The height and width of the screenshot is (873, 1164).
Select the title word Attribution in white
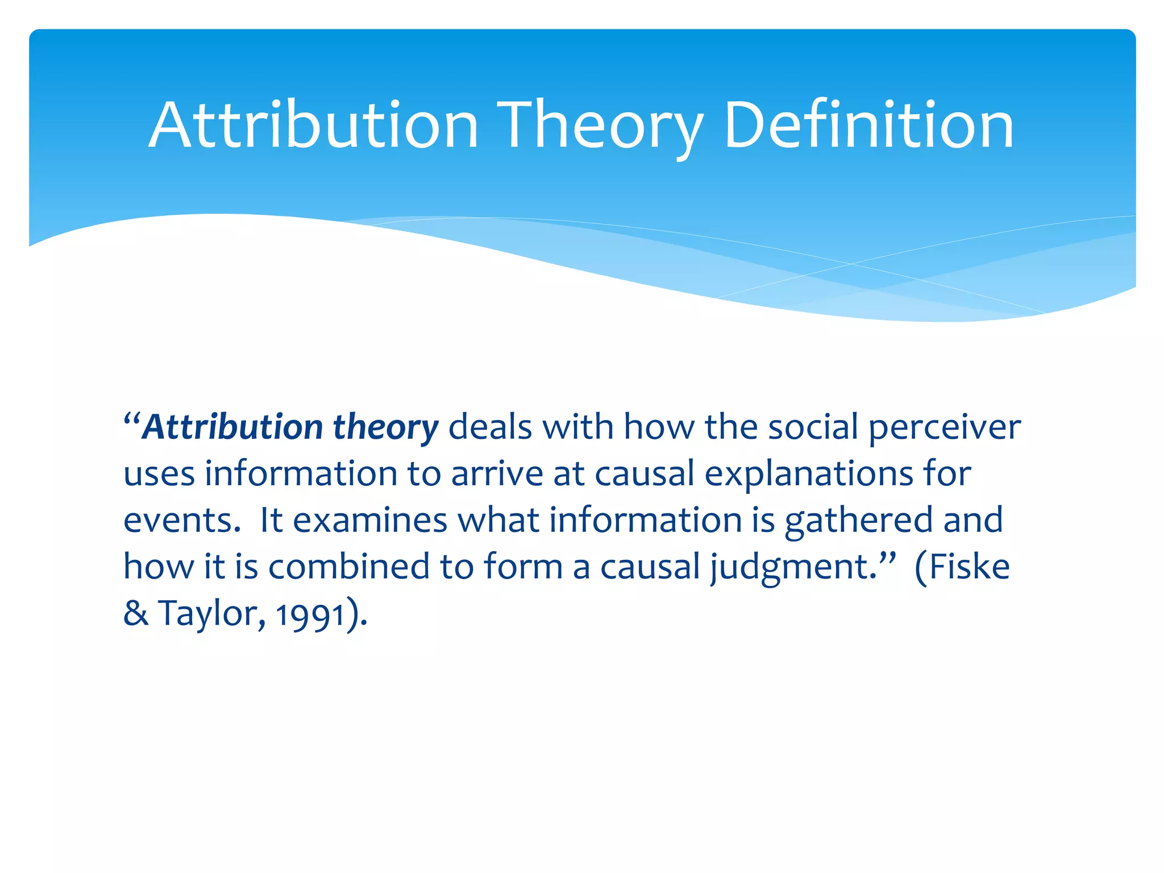313,125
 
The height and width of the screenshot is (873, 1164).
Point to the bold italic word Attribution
232,427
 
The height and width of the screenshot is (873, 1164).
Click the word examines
370,521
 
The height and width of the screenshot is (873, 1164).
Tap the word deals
490,427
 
